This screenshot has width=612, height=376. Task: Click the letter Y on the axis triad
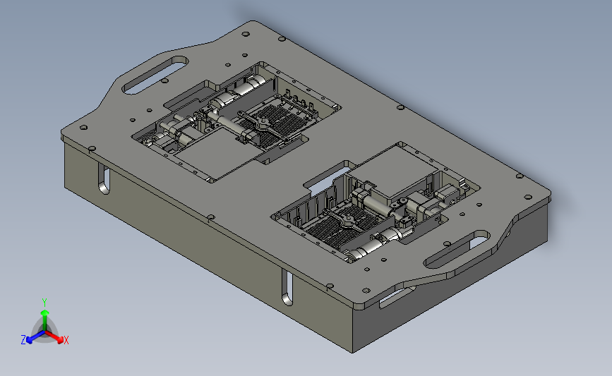pos(44,303)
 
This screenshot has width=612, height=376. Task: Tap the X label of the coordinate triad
pos(66,340)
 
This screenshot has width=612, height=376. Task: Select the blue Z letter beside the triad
pos(23,340)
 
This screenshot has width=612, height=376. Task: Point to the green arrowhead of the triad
pos(45,313)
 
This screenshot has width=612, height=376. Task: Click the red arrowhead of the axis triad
pos(60,339)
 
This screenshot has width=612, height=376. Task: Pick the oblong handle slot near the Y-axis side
pos(155,75)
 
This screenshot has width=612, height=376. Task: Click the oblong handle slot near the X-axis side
pos(457,249)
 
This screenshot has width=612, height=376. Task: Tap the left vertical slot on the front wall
pos(104,179)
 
